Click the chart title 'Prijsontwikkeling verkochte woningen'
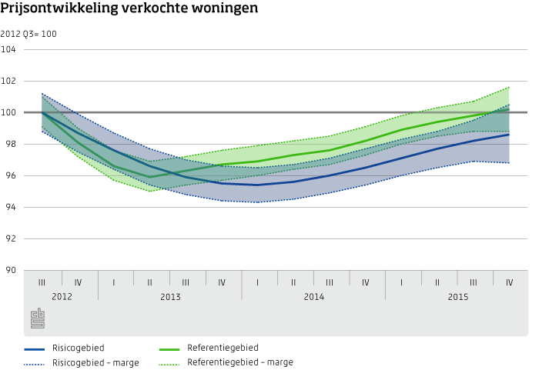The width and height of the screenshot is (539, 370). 129,9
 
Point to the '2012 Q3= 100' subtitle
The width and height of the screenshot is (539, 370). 28,34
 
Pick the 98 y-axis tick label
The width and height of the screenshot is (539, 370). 12,145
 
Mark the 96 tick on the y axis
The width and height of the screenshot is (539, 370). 12,176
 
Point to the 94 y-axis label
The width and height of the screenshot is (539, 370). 12,208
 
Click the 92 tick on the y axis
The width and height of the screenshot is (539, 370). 12,239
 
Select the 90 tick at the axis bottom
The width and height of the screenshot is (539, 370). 12,271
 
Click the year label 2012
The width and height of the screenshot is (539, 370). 62,296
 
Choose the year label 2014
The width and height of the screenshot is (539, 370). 313,296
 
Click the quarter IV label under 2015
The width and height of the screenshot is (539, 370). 510,282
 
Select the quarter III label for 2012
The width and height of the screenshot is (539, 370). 42,282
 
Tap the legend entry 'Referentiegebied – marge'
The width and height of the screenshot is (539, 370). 239,362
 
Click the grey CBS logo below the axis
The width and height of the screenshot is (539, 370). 38,318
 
